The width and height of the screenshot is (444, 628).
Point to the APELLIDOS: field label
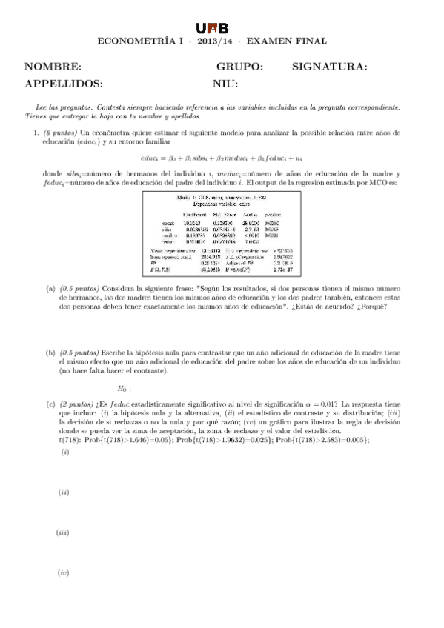point(64,84)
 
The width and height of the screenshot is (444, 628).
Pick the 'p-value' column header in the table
point(274,215)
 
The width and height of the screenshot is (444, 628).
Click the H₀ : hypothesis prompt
point(124,388)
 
